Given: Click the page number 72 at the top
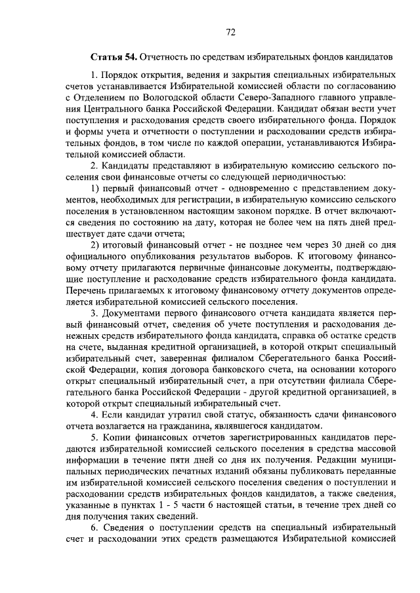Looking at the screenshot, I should click(230, 31).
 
